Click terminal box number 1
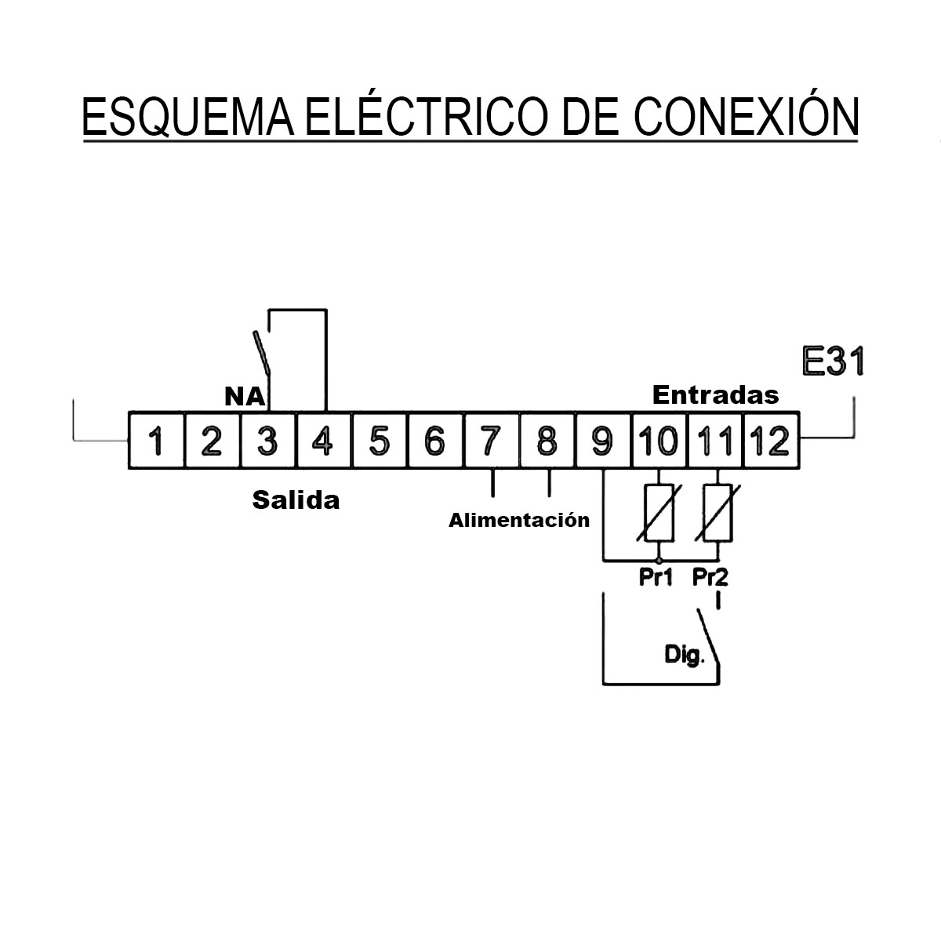pos(156,441)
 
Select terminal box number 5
pos(380,441)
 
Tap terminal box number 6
pos(435,441)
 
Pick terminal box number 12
pos(771,441)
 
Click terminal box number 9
pos(603,441)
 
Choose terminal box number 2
pos(213,441)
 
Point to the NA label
pos(245,397)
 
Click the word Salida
pos(296,500)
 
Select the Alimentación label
pos(519,521)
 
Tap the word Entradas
pos(715,395)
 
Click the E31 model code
pos(833,362)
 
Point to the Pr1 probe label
pos(656,578)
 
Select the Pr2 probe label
pos(710,578)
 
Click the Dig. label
pos(685,655)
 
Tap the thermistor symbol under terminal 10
pos(659,513)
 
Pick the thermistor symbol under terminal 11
pos(718,513)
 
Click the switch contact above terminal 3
pos(262,353)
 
